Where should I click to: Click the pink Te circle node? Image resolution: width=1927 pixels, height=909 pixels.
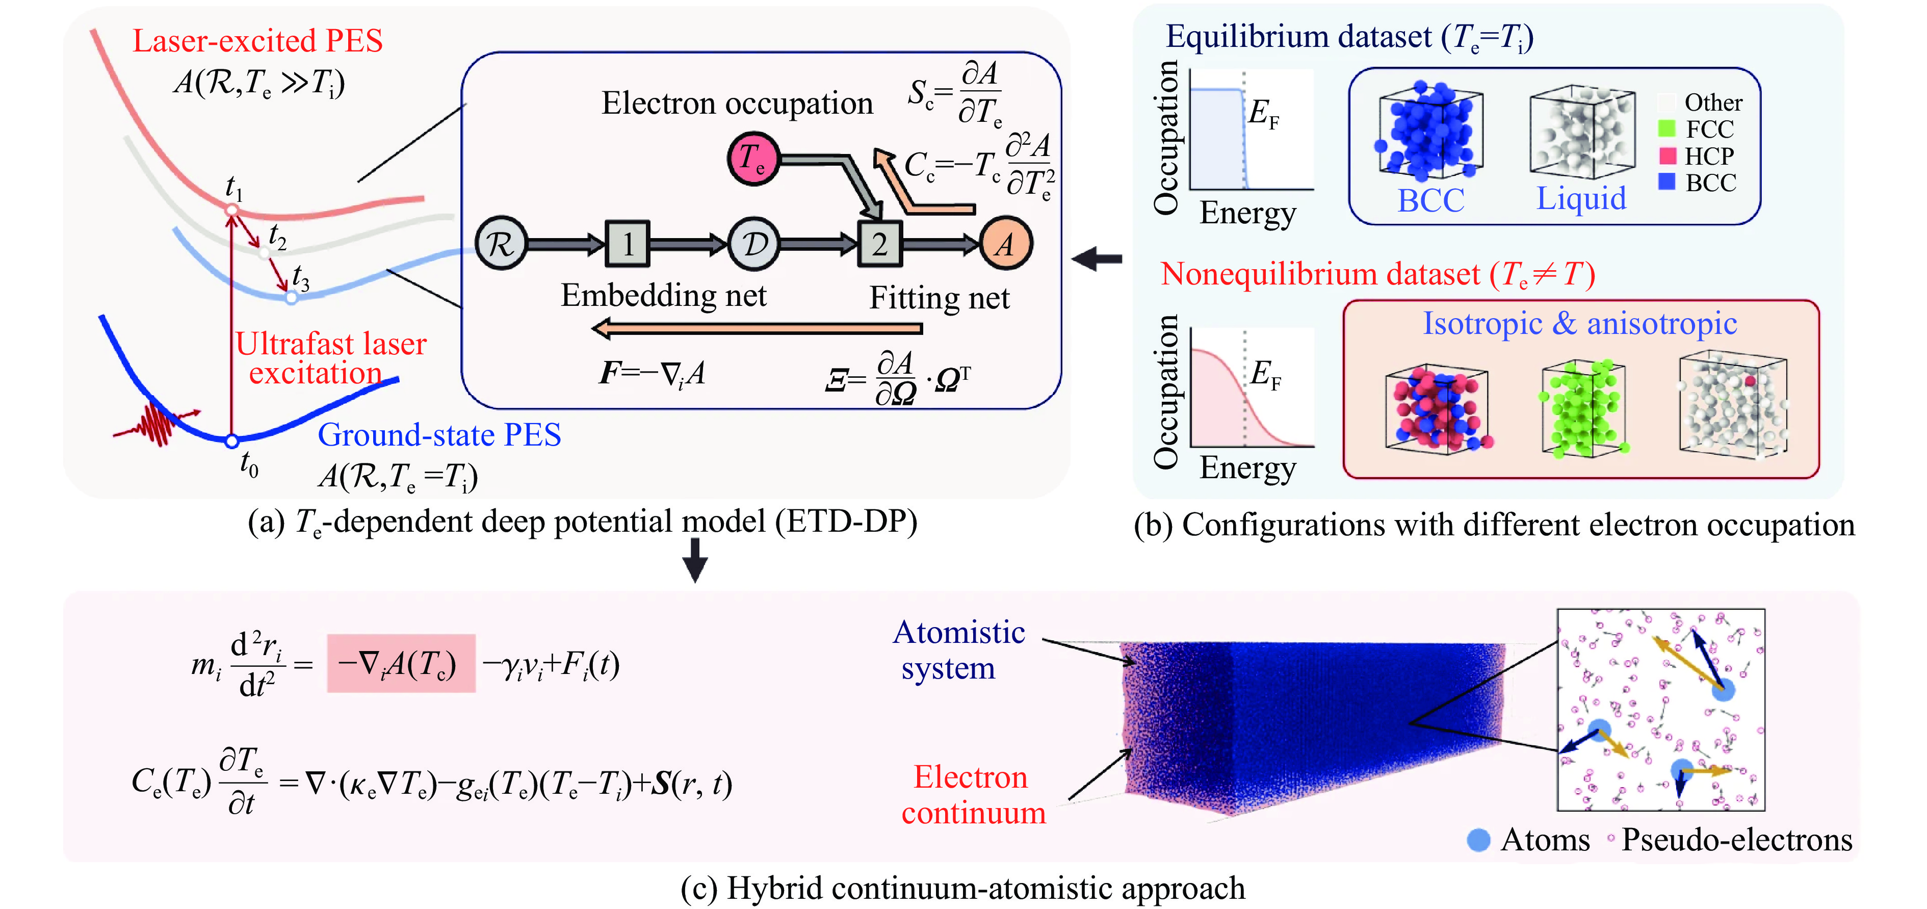(x=753, y=158)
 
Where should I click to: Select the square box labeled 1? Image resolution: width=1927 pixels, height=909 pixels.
(x=627, y=244)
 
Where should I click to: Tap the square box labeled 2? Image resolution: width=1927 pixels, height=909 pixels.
(x=880, y=244)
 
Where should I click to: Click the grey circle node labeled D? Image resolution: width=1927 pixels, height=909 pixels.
(x=754, y=244)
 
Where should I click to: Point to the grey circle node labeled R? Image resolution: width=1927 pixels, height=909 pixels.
(x=501, y=244)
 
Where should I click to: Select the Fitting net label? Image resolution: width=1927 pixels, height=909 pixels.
(x=939, y=298)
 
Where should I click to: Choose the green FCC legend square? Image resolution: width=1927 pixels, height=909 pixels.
(x=1666, y=128)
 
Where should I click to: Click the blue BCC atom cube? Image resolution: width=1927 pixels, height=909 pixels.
(x=1429, y=133)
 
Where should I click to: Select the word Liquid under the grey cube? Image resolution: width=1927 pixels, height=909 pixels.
(x=1581, y=198)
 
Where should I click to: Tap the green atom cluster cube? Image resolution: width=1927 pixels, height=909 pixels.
(x=1583, y=408)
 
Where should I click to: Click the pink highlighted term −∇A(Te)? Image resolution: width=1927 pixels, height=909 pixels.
(x=401, y=664)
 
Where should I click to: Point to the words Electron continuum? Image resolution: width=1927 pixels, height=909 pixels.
(x=973, y=794)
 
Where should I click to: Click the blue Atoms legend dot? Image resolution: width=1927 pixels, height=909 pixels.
(x=1478, y=840)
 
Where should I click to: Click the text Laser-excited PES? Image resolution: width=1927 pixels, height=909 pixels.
(x=257, y=40)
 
